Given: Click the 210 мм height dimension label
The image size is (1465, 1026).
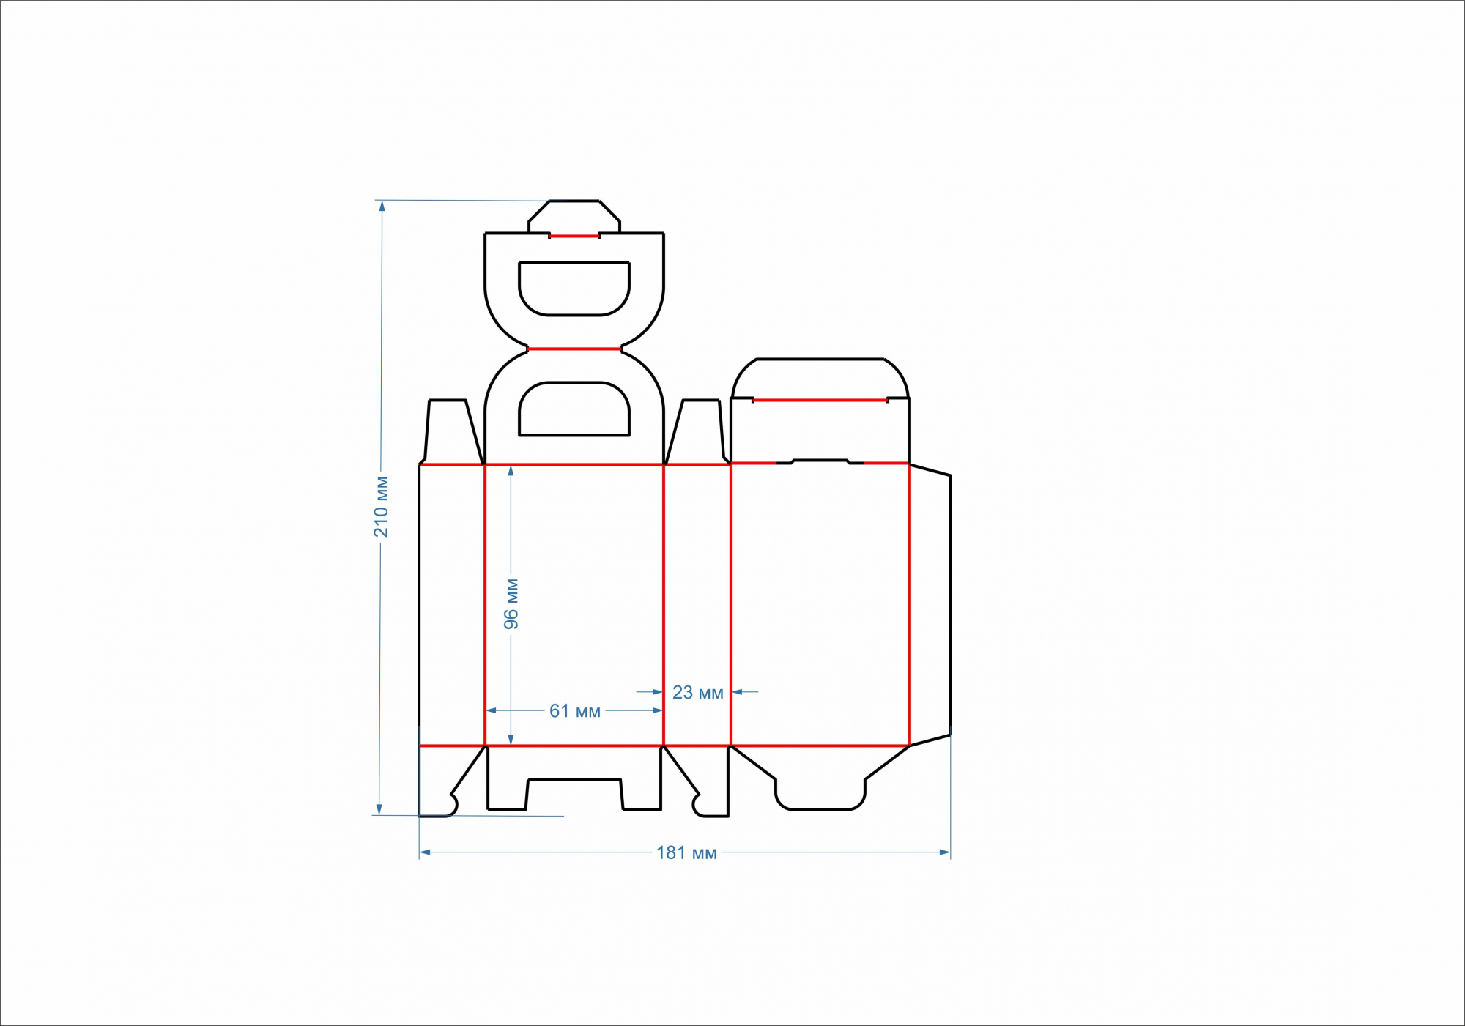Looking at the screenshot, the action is pyautogui.click(x=381, y=507).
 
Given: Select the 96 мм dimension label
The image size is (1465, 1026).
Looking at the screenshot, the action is pyautogui.click(x=511, y=604).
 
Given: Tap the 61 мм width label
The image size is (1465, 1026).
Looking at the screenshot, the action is pyautogui.click(x=575, y=711).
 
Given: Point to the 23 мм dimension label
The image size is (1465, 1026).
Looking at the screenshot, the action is pyautogui.click(x=698, y=692).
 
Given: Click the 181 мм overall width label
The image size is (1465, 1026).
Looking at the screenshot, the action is pyautogui.click(x=686, y=852).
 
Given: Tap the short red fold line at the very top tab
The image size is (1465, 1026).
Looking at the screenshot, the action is pyautogui.click(x=574, y=237).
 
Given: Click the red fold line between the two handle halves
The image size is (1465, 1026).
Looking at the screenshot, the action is pyautogui.click(x=574, y=349).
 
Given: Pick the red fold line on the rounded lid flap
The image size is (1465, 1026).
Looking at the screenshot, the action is pyautogui.click(x=820, y=401).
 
